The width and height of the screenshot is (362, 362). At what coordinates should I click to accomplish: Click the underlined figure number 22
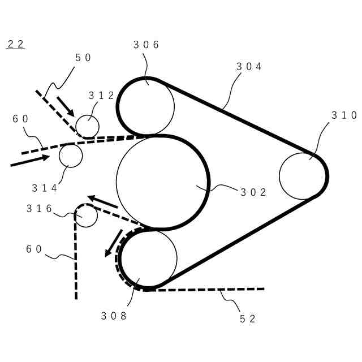(15, 44)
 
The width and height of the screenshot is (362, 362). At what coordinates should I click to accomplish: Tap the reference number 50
(83, 58)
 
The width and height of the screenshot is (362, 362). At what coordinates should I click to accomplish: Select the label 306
(146, 45)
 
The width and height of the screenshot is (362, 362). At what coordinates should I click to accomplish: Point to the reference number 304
(249, 67)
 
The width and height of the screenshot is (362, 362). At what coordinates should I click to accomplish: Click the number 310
(344, 115)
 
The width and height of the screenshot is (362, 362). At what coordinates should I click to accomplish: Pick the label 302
(253, 192)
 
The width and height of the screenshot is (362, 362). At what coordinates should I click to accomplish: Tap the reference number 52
(248, 318)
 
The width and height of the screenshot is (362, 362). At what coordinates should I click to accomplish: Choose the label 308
(114, 316)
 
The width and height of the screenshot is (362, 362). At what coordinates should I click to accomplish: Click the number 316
(40, 209)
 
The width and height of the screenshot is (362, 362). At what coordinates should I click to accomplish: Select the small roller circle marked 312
(87, 127)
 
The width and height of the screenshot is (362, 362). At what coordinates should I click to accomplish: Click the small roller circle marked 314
(71, 155)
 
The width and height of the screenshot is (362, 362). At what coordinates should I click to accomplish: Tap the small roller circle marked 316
(87, 216)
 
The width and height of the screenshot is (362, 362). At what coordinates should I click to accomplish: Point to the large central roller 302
(163, 182)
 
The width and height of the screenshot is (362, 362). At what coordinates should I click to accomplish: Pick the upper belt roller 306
(146, 106)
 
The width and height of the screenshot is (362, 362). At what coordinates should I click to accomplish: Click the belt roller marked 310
(303, 176)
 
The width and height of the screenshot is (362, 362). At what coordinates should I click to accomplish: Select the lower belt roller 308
(148, 258)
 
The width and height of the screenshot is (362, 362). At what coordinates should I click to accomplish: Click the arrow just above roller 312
(66, 106)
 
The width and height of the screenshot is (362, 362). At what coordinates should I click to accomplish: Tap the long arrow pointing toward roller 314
(30, 161)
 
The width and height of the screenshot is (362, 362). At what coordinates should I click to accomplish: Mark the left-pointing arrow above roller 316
(102, 202)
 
